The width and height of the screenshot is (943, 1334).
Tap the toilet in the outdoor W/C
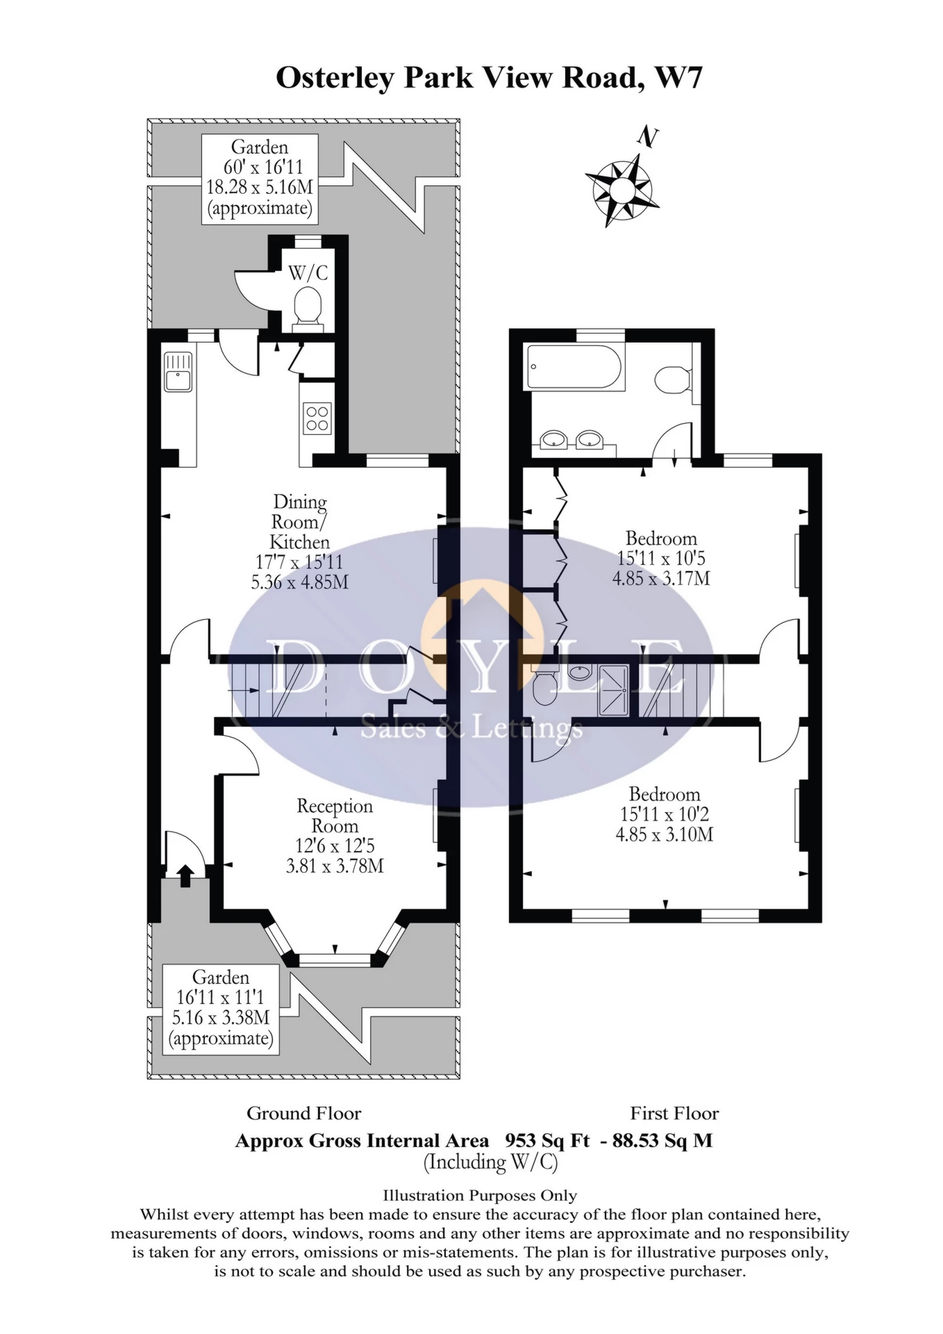point(308,308)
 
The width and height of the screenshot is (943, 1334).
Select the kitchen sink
point(178,372)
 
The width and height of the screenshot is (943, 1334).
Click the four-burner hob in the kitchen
point(317,418)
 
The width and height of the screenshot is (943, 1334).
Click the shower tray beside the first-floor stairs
point(612,690)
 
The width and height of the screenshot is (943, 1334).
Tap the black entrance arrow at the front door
point(184,875)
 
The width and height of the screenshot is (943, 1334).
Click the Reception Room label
point(335,816)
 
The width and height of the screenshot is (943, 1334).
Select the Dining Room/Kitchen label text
point(300,521)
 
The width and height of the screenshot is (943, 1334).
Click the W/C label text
point(308,272)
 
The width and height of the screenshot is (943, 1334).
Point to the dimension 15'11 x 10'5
point(661,558)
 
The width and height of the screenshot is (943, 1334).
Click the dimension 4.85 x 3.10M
point(665,834)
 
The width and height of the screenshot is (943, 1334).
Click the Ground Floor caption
point(304,1114)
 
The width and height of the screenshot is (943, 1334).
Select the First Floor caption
point(674,1114)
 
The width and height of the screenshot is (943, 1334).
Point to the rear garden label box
point(260,179)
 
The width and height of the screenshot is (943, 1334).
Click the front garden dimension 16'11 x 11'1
point(220,998)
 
